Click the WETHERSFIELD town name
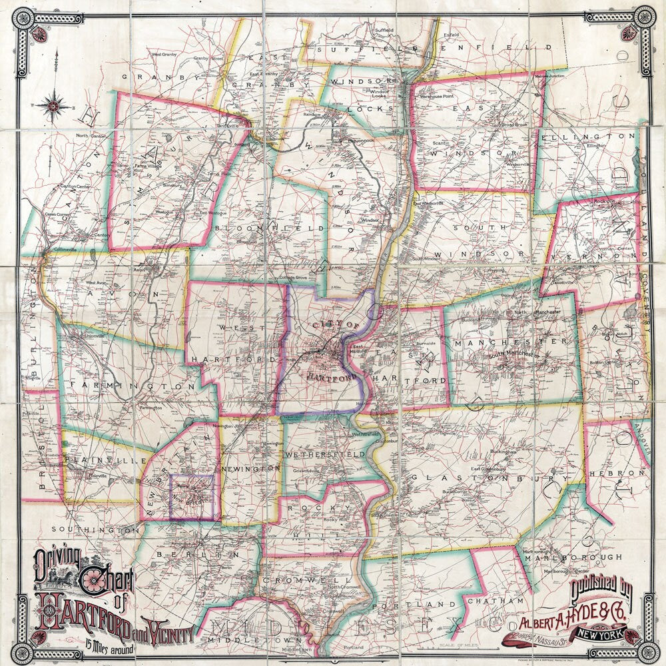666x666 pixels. [325, 454]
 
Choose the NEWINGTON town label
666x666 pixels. [256, 469]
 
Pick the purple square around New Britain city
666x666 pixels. [192, 497]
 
